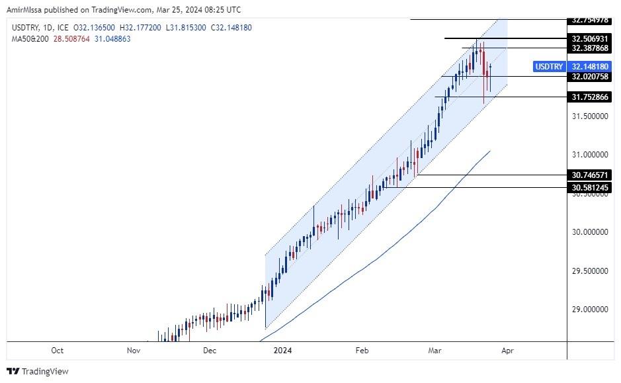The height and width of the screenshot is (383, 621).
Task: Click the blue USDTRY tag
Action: [549, 67]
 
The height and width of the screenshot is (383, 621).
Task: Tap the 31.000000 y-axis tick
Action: [591, 155]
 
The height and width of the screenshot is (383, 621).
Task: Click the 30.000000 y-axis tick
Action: [591, 232]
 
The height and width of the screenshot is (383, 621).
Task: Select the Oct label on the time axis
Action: [58, 351]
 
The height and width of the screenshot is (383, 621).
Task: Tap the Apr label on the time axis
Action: [507, 351]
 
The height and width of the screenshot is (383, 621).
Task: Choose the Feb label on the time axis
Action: [362, 351]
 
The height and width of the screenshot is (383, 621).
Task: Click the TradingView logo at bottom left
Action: [38, 371]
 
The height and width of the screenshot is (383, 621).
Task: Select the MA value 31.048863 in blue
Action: [112, 39]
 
